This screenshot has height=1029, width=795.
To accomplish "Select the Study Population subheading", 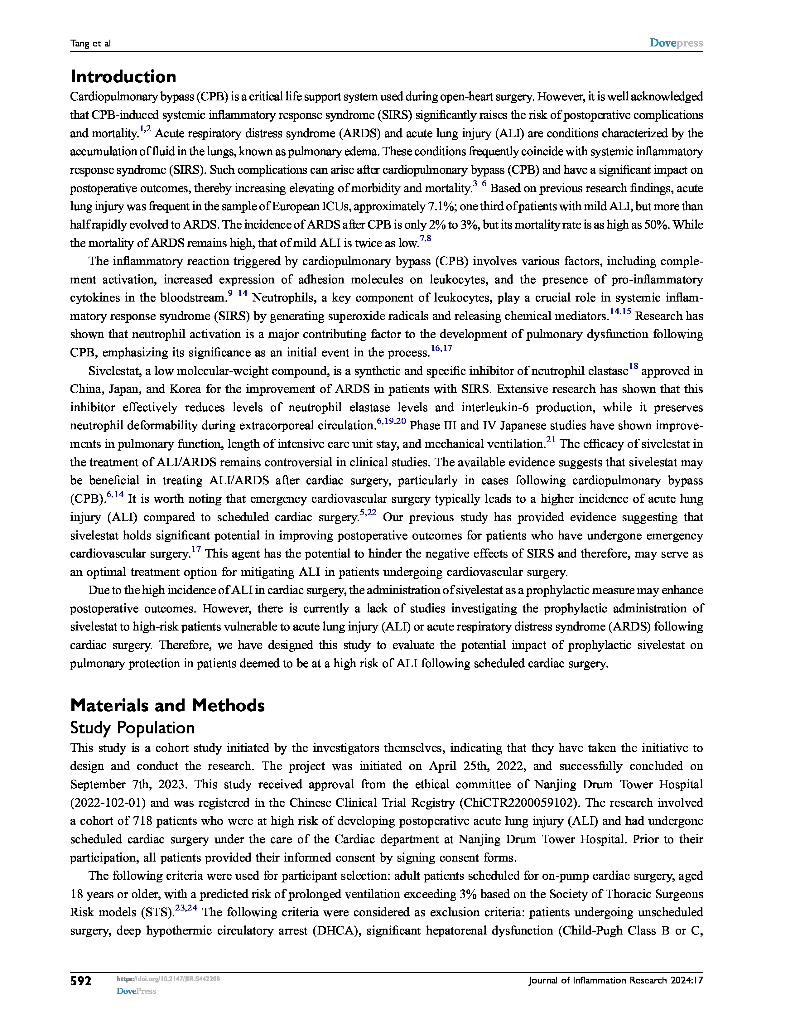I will click(132, 728).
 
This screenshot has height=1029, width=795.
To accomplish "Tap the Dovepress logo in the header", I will click(676, 43).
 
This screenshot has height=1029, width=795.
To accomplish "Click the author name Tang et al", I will click(90, 43).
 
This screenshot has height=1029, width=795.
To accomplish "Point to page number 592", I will click(80, 981).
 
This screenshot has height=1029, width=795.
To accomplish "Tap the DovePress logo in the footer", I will click(136, 991).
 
